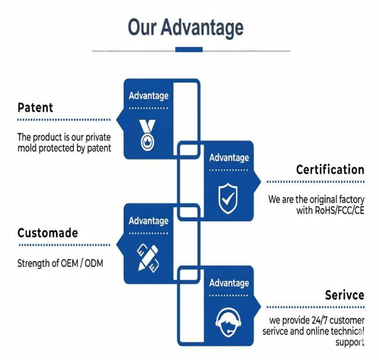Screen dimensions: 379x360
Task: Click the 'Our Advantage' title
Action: [185, 28]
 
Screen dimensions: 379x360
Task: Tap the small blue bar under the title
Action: [189, 50]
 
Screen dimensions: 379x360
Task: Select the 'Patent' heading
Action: [36, 107]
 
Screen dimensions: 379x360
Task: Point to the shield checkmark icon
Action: [227, 199]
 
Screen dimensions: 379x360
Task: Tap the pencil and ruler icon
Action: [148, 258]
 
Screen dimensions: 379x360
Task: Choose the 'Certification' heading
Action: [330, 170]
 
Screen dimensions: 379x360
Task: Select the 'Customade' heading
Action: [48, 233]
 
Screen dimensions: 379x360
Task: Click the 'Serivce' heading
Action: [345, 295]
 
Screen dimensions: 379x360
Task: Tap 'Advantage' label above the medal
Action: [149, 96]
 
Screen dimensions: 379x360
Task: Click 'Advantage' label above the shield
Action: [229, 158]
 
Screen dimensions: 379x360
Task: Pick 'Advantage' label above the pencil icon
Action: [149, 221]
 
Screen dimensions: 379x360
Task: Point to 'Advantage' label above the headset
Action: [229, 283]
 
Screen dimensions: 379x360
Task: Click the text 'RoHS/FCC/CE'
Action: [339, 210]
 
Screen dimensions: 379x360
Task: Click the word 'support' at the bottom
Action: [350, 343]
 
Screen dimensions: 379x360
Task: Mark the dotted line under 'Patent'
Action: [64, 120]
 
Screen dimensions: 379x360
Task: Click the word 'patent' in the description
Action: [99, 148]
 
